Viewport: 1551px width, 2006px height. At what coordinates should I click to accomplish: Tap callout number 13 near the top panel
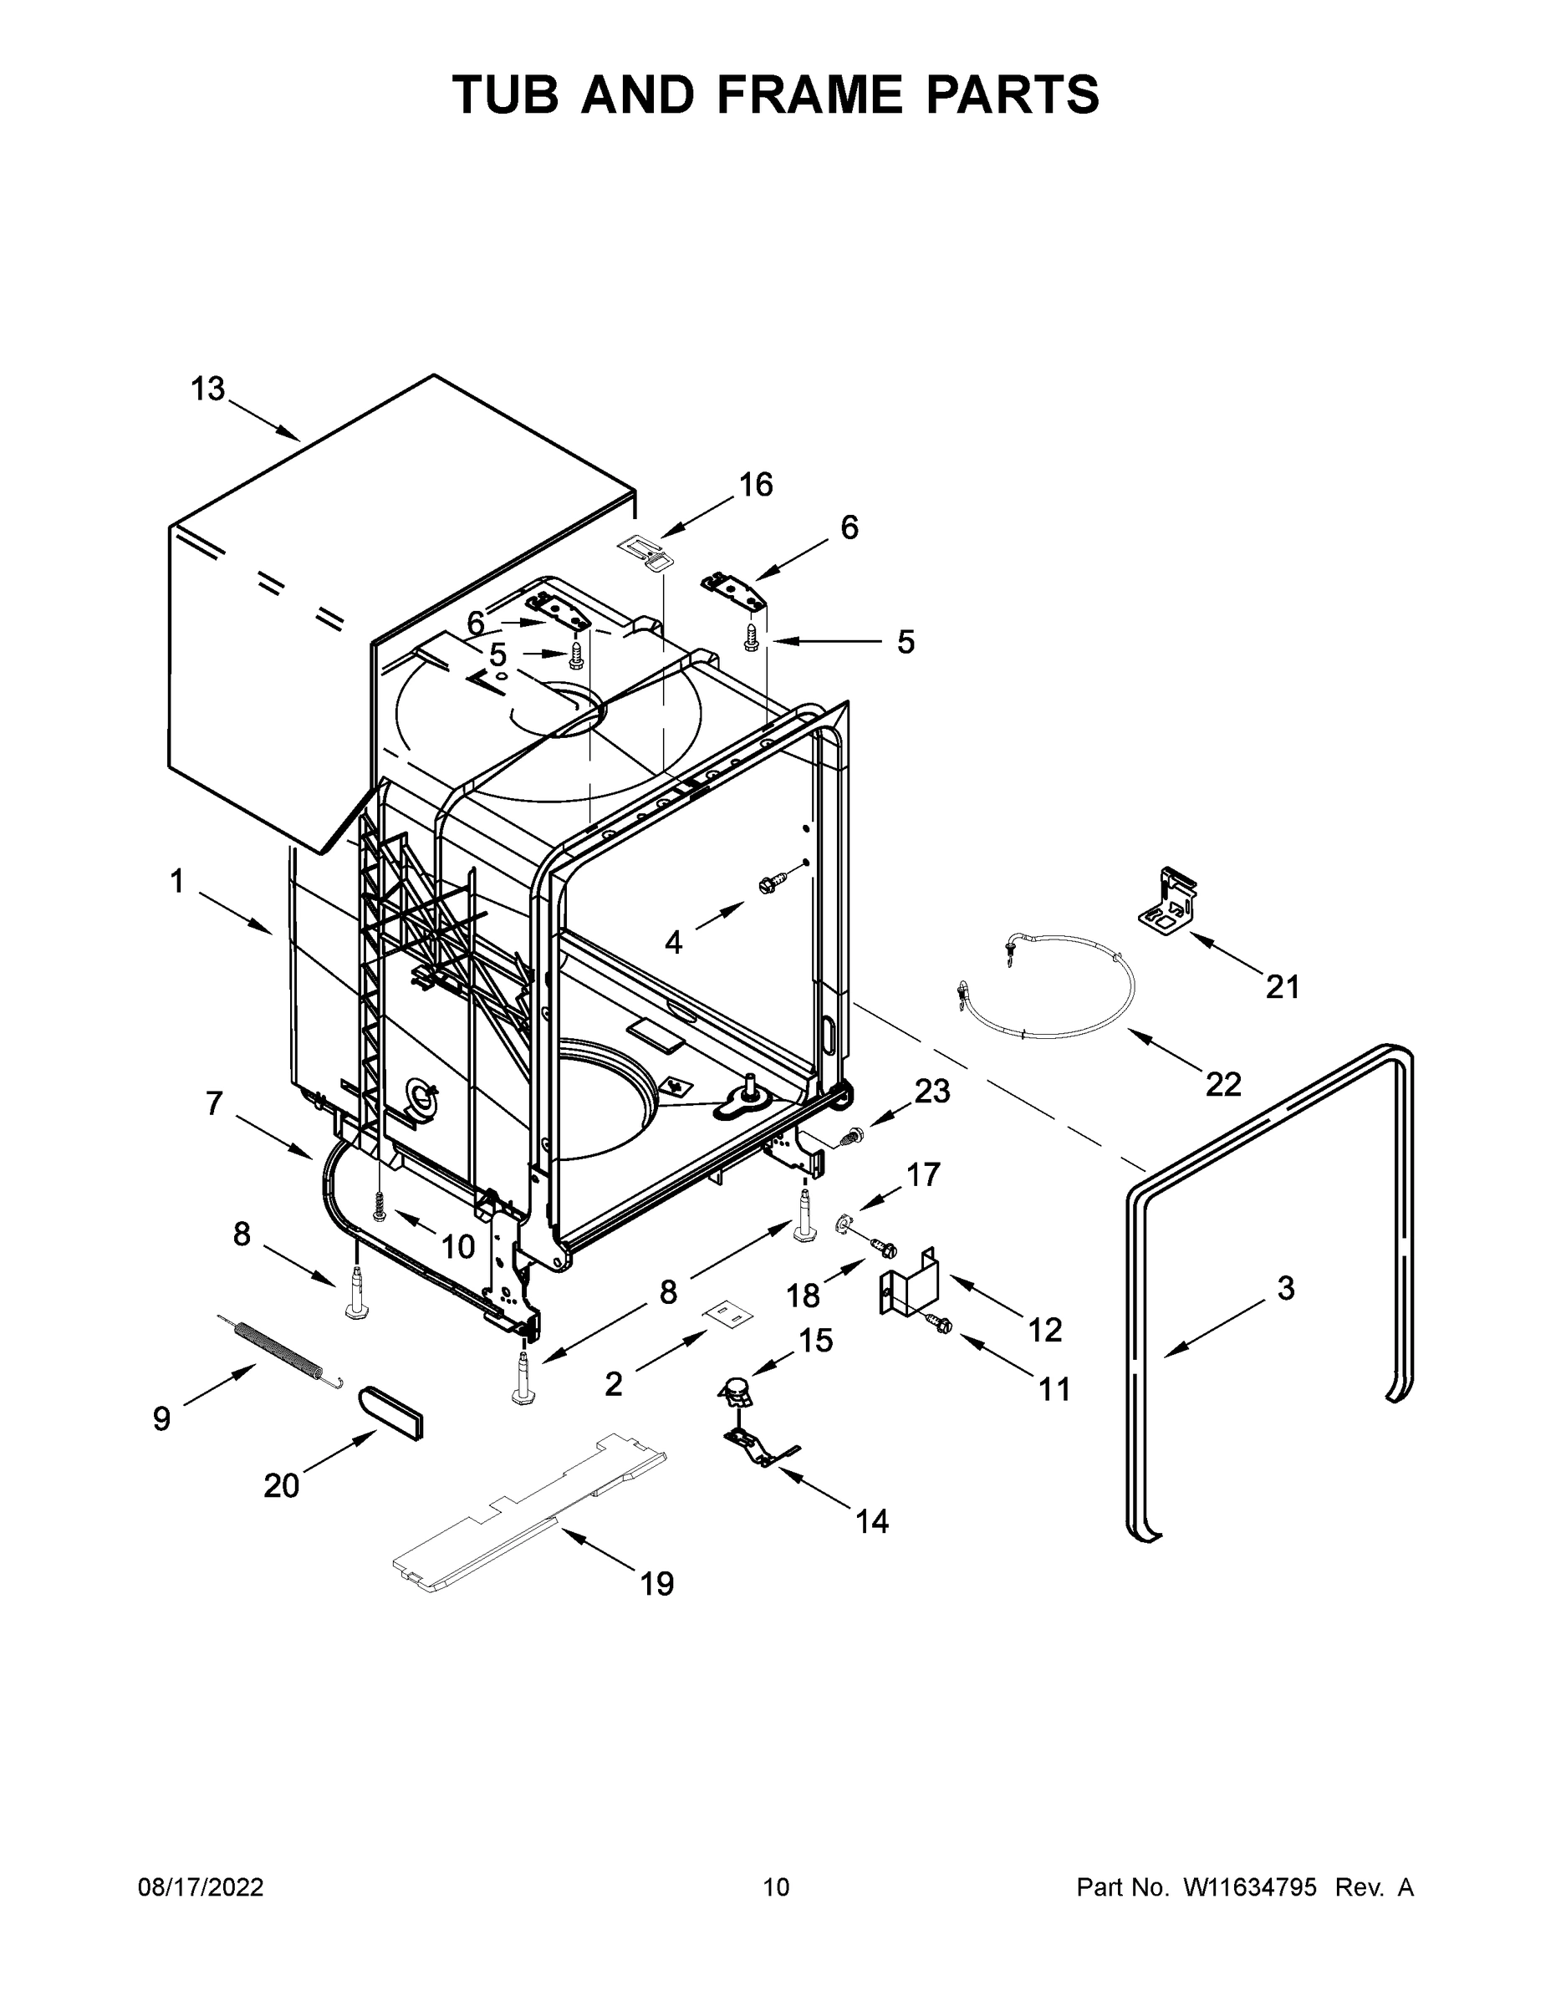click(207, 389)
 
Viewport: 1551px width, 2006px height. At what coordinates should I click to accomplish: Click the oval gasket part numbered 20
click(391, 1411)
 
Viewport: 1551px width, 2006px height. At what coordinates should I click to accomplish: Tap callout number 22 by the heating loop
click(1223, 1084)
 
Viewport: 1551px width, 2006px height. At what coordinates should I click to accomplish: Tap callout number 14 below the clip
click(872, 1522)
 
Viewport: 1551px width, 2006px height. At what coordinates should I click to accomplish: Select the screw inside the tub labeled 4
click(769, 885)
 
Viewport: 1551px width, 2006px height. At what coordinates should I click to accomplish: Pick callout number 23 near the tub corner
click(931, 1091)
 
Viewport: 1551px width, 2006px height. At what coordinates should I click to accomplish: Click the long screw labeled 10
click(380, 1204)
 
